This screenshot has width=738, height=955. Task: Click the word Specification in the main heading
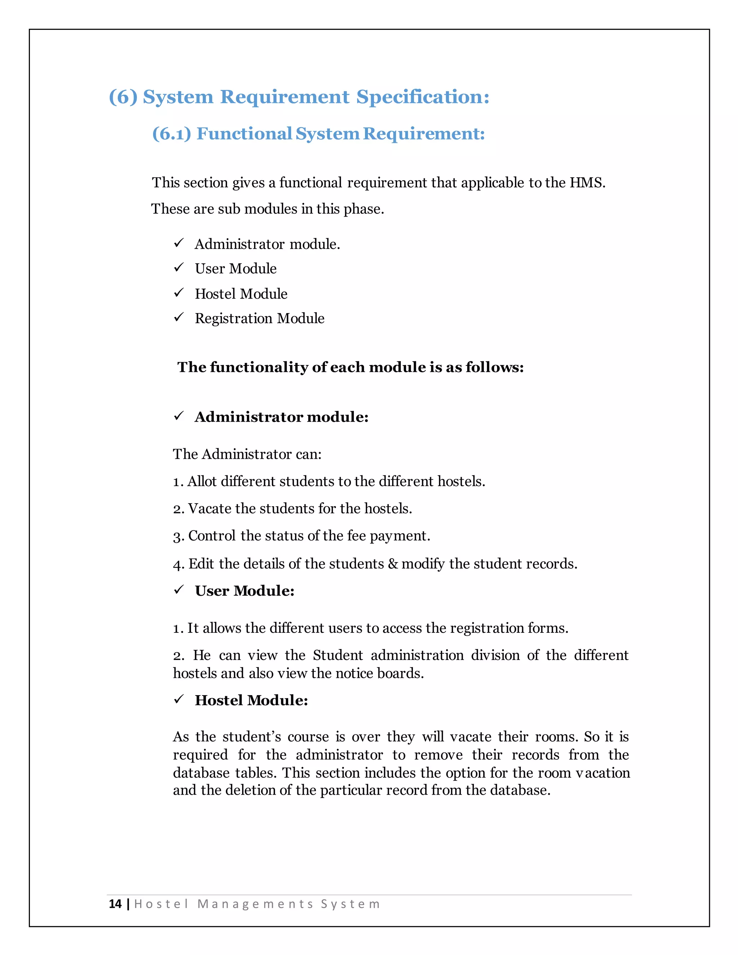[423, 97]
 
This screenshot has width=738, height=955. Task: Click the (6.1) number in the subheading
[172, 134]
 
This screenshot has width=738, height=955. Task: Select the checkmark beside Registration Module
[179, 317]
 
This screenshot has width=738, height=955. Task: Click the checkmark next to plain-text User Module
[179, 268]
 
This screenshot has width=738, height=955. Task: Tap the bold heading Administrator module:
[281, 417]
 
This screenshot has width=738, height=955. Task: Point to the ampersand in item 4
[393, 564]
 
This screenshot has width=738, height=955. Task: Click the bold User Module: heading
[244, 591]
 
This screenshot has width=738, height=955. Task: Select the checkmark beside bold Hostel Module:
[179, 699]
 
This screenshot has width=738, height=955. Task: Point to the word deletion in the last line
[250, 791]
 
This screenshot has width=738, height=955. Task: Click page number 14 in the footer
[115, 904]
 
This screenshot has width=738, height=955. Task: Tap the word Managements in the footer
[255, 904]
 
